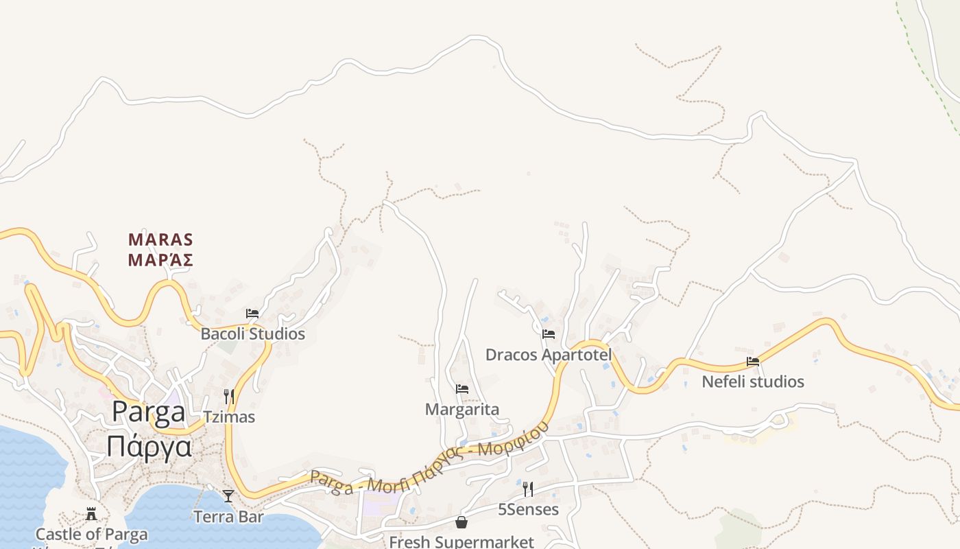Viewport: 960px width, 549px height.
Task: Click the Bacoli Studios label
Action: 252,334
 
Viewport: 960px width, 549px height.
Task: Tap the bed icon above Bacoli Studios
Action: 252,314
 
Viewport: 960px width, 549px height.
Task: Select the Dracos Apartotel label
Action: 548,355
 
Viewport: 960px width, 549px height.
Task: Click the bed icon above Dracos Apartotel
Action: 548,334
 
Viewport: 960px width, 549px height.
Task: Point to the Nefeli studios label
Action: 752,382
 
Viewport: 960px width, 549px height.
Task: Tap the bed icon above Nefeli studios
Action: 752,361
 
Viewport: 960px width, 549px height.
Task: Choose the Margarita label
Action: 461,410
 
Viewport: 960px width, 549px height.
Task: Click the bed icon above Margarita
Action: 461,389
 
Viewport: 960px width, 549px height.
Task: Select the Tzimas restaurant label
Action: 229,417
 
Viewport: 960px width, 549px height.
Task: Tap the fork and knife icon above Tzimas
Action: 229,397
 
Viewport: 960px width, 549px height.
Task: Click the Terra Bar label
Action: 228,517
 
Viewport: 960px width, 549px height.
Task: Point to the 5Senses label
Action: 528,510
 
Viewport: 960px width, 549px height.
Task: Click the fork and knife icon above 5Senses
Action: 528,489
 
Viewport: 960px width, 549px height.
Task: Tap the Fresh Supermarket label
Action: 461,541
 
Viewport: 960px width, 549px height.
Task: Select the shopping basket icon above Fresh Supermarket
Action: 461,522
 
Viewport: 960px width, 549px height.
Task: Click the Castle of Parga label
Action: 91,535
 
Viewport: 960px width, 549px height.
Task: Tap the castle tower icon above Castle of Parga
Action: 91,514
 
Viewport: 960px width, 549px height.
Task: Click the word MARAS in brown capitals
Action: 160,240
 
